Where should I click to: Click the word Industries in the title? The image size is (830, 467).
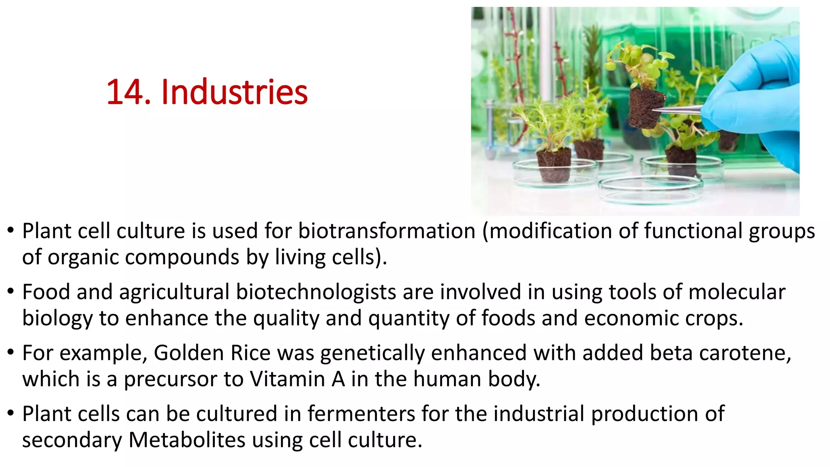click(x=234, y=92)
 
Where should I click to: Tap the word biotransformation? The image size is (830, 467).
click(x=387, y=231)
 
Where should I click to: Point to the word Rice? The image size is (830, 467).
click(x=250, y=353)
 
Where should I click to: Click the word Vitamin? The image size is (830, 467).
click(x=297, y=379)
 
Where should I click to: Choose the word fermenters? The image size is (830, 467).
click(x=361, y=414)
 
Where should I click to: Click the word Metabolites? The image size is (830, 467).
click(x=187, y=440)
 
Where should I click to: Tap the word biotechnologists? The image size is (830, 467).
click(x=316, y=292)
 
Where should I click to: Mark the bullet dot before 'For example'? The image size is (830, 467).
click(x=11, y=352)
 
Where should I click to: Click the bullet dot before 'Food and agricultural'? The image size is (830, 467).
click(x=11, y=291)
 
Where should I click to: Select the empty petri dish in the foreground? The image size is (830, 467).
click(x=650, y=189)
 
